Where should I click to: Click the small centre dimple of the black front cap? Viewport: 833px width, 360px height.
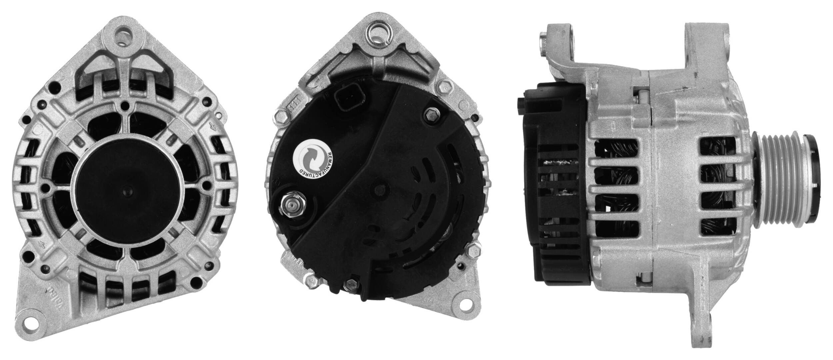click(127, 188)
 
